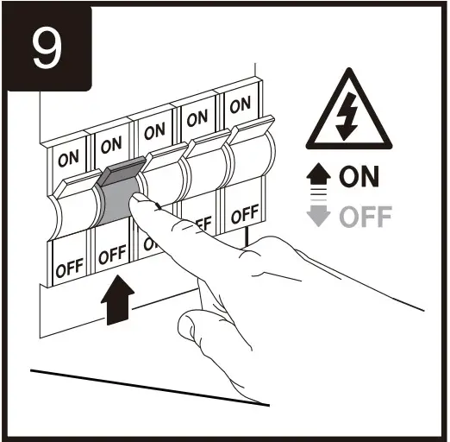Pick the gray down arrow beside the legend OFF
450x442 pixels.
coord(321,213)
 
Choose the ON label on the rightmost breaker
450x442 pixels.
coord(240,104)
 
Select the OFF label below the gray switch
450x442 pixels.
coord(112,256)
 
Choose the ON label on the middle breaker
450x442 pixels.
coord(155,132)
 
